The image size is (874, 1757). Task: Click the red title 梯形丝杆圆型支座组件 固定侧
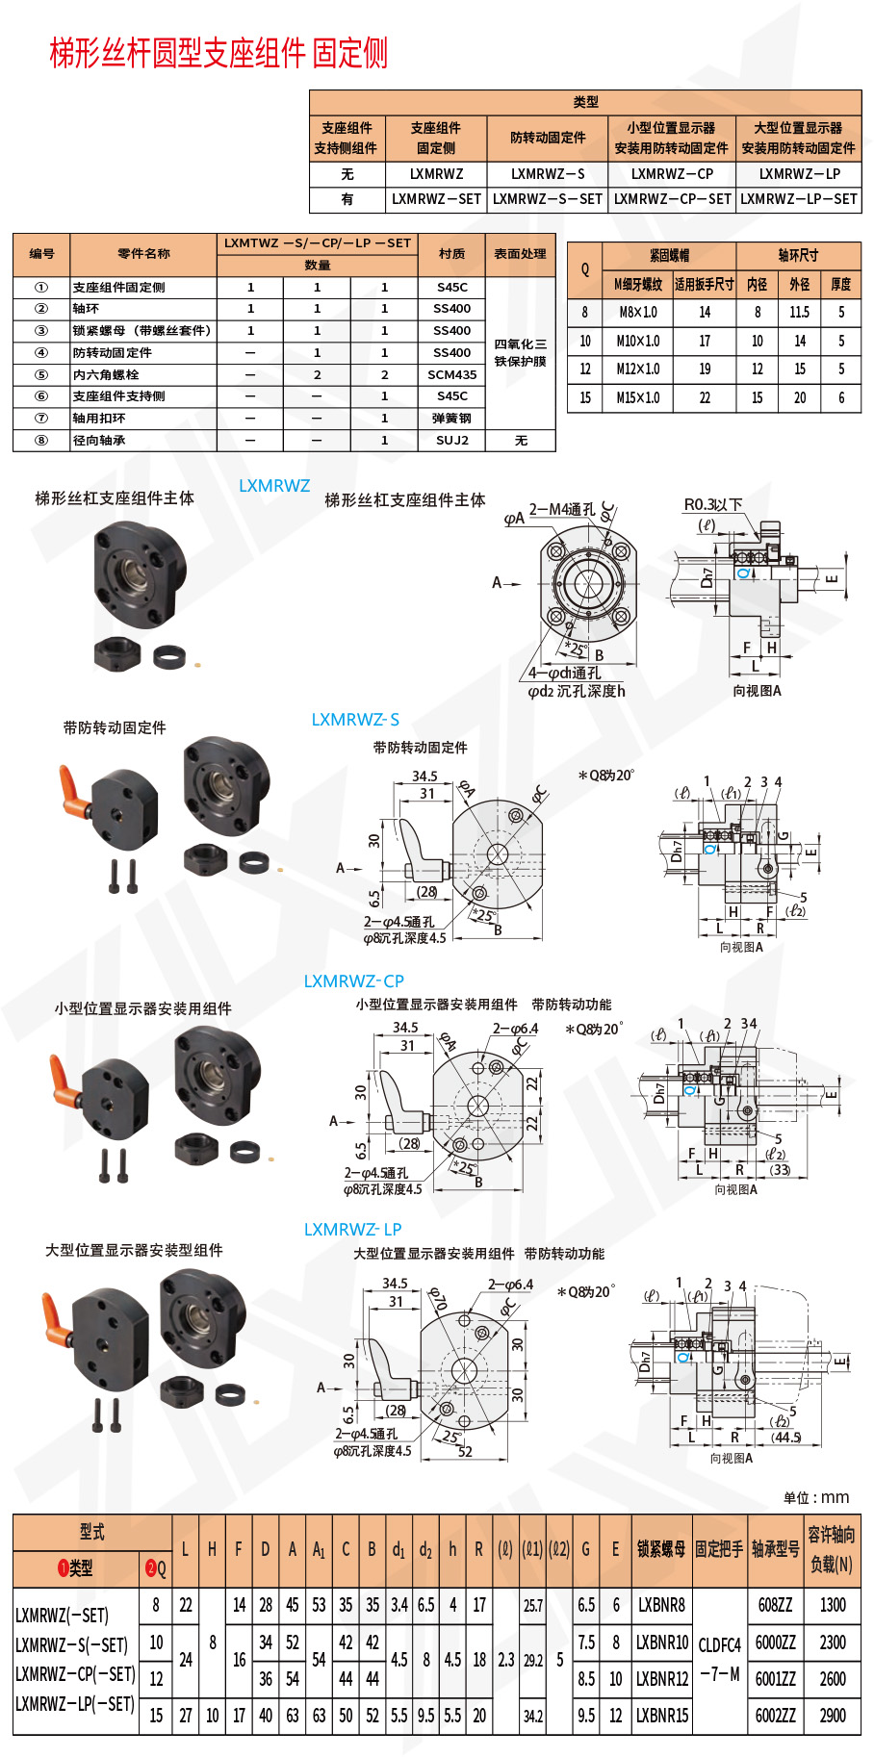[218, 53]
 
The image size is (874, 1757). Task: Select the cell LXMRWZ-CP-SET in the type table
[672, 199]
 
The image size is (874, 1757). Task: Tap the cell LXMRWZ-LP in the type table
[798, 174]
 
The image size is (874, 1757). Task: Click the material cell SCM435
[451, 374]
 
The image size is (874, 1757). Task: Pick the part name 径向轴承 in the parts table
[99, 441]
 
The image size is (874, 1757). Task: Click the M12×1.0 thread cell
[638, 369]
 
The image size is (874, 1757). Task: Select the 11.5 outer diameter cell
[799, 313]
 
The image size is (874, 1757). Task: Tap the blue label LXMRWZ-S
[354, 720]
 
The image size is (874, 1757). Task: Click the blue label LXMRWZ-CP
[353, 981]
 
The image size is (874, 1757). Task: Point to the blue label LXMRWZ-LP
[352, 1230]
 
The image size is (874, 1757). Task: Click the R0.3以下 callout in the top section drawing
[713, 504]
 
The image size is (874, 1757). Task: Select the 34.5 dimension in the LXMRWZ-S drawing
[424, 776]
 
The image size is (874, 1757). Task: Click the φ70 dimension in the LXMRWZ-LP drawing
[438, 1299]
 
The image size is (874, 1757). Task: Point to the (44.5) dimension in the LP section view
[785, 1437]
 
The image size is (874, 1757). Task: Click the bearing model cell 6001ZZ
[775, 1679]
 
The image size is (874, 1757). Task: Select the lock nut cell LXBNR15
[662, 1715]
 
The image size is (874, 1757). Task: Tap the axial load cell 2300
[833, 1642]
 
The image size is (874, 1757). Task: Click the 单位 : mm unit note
[816, 1497]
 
